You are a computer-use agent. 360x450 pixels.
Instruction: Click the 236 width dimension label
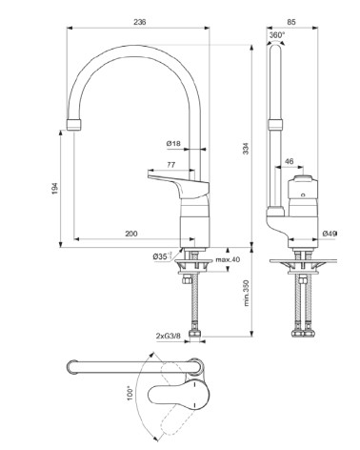140,22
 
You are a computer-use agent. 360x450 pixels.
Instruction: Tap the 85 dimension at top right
291,22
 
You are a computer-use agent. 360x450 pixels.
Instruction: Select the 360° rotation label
277,35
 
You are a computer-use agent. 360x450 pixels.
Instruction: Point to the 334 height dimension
246,149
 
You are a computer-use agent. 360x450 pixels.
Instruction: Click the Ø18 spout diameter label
173,143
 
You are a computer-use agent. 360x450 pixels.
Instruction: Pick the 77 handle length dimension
171,165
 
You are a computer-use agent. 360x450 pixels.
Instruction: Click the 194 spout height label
55,189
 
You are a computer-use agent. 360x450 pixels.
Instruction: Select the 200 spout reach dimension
131,234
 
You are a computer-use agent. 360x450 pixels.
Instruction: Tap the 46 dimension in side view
289,161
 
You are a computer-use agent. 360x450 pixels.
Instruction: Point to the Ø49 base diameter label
330,234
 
